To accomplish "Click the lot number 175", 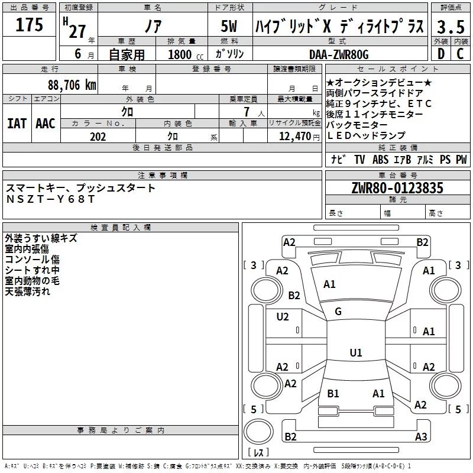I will [x=30, y=25].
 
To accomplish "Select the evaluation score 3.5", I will [x=450, y=27].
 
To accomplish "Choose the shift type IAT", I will [x=17, y=123].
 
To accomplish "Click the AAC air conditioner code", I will [x=46, y=123].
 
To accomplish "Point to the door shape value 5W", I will [x=230, y=27].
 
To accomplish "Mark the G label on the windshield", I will [x=338, y=312].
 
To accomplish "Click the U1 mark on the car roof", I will [x=355, y=353].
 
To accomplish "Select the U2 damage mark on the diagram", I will [x=283, y=317].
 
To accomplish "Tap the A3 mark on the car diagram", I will [x=420, y=437].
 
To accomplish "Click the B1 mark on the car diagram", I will [x=333, y=393].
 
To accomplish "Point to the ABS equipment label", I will [x=380, y=159].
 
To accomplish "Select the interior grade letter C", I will [x=459, y=54].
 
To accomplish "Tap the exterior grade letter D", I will [x=440, y=54].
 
